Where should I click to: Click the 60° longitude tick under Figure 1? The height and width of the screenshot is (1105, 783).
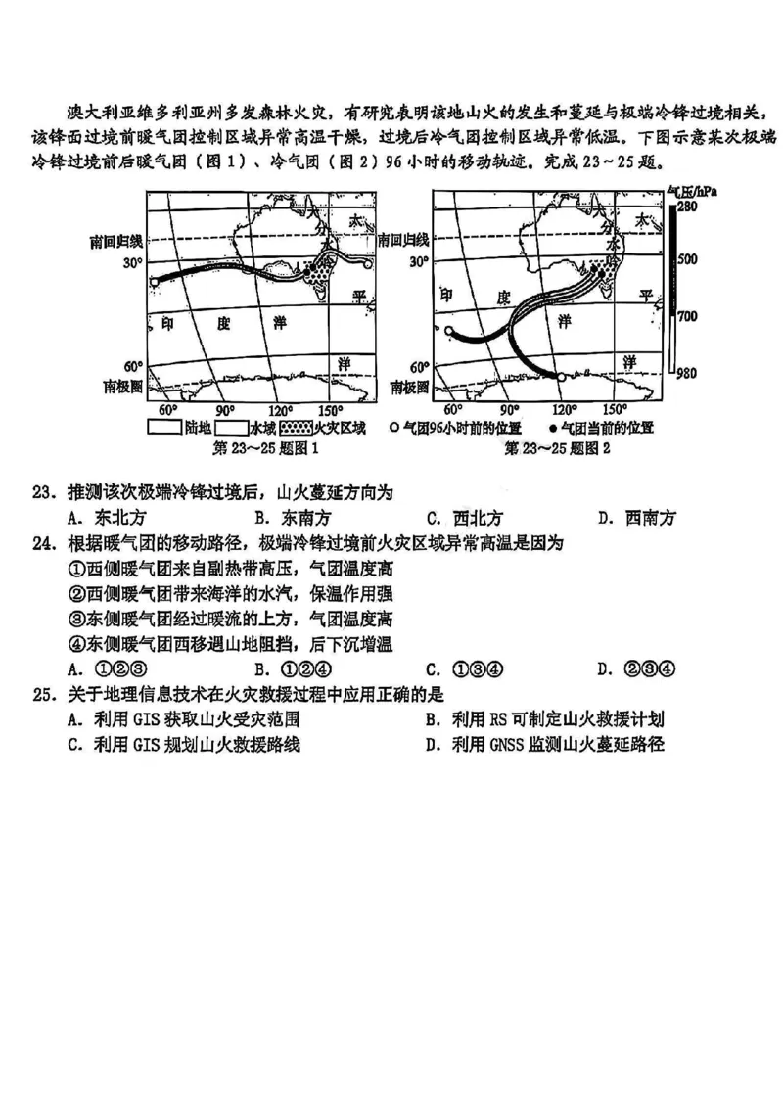coord(167,410)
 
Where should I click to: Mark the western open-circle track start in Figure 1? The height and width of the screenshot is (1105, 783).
coord(154,282)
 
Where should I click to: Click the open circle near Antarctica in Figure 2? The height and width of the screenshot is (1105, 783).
coord(561,376)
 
